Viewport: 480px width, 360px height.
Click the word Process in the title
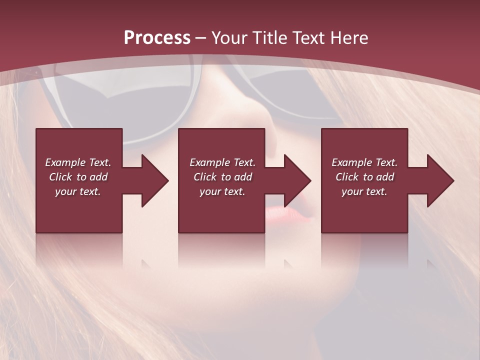157,37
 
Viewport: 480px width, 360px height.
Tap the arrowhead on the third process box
439,180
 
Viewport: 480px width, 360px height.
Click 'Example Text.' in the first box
78,162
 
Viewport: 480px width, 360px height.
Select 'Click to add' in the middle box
223,177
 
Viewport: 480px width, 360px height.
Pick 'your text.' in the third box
364,191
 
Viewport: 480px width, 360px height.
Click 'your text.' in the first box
78,191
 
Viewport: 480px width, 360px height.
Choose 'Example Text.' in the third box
364,162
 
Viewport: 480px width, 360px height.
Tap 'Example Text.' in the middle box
222,162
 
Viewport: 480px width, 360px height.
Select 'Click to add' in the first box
78,177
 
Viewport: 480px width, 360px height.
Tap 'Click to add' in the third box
365,177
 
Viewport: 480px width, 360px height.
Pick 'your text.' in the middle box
222,191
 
